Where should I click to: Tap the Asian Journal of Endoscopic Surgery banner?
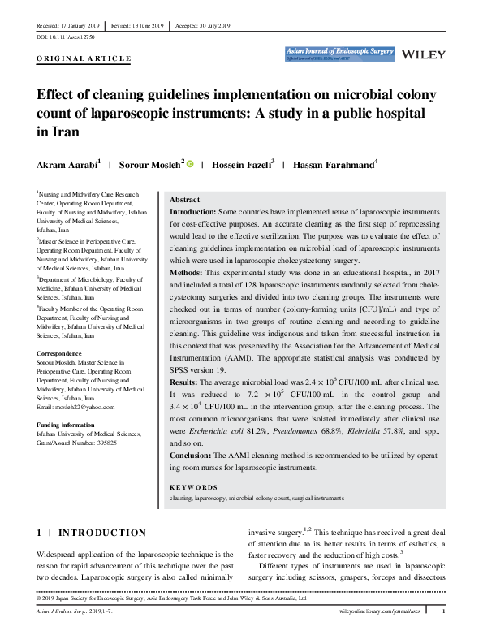339,54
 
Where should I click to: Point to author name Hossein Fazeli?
241,166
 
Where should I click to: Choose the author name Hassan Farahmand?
337,166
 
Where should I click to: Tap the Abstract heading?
185,200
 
